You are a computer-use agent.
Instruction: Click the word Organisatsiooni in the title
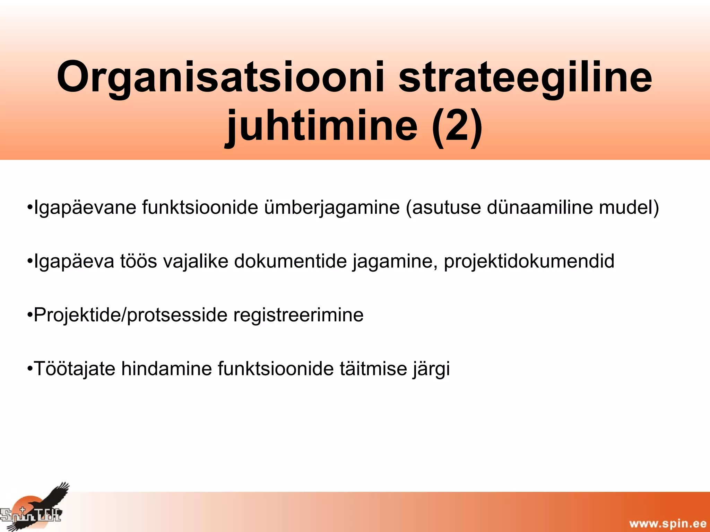(220, 78)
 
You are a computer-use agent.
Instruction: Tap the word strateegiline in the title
(525, 78)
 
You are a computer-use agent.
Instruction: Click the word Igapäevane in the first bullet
(85, 208)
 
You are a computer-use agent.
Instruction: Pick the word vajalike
(196, 261)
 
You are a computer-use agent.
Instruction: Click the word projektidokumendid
(529, 261)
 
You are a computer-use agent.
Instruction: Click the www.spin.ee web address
(668, 523)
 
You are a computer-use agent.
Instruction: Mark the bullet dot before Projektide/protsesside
(30, 315)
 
